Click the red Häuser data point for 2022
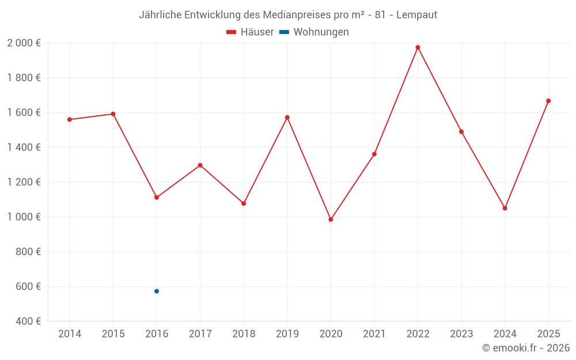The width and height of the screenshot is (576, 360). click(x=418, y=47)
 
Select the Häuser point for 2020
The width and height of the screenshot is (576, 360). click(x=331, y=219)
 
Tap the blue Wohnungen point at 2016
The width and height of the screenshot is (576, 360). click(x=157, y=291)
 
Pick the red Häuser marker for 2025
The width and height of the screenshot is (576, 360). click(x=548, y=101)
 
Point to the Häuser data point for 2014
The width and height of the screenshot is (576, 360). click(x=70, y=120)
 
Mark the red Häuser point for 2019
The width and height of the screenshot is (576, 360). click(x=287, y=118)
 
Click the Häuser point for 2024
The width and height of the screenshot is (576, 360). click(x=505, y=208)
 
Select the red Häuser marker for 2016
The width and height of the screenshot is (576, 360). click(x=157, y=198)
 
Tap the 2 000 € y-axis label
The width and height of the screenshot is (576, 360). click(x=24, y=43)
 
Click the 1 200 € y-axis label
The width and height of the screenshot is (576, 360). click(x=24, y=182)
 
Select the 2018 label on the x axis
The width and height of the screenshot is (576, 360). click(x=244, y=334)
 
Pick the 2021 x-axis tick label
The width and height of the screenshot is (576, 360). click(x=374, y=334)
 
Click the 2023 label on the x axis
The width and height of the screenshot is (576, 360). click(x=461, y=334)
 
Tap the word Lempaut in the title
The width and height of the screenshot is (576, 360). click(x=416, y=15)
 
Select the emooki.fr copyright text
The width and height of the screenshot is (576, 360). click(x=526, y=348)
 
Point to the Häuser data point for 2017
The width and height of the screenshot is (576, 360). click(x=200, y=165)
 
